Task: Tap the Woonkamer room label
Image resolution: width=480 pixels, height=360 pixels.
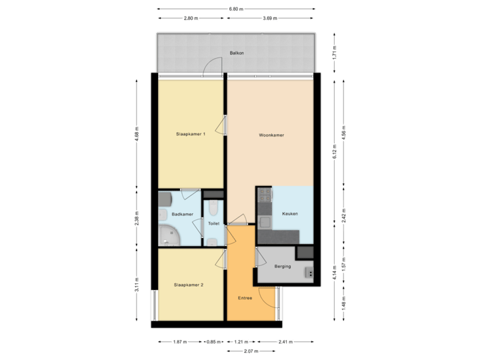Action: coord(271,135)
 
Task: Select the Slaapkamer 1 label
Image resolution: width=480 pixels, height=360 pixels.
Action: coord(190,135)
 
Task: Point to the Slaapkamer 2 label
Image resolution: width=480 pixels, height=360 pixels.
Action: coord(189,285)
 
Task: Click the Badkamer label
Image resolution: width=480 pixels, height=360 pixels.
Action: coord(182,214)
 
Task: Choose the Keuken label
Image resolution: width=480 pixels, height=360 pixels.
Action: coord(290,213)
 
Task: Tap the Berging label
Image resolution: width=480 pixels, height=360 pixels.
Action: coord(283,264)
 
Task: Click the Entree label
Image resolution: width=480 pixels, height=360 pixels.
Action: coord(245,297)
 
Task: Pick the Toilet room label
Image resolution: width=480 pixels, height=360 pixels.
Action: coord(214,224)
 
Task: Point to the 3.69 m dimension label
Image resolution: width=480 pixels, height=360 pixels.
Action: coord(270,18)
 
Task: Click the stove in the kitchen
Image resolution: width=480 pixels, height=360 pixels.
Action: coord(264,196)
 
